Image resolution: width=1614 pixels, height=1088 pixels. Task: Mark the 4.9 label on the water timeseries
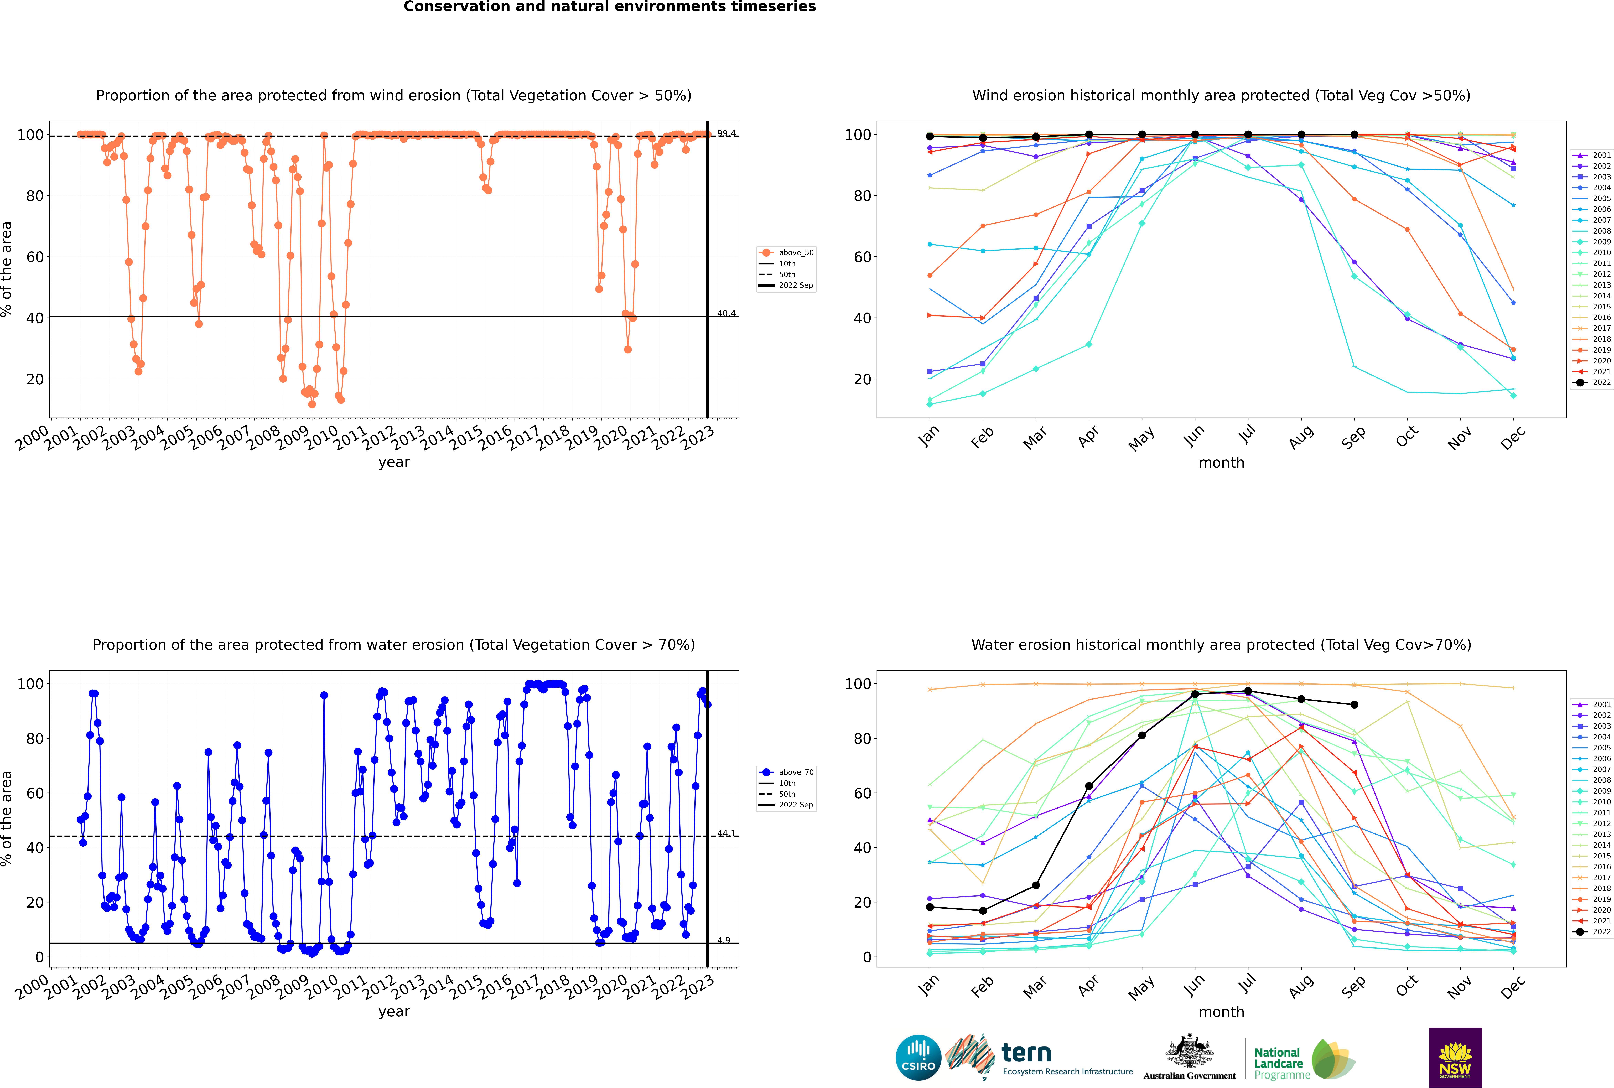pos(724,940)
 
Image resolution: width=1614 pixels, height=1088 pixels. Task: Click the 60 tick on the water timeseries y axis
pos(35,793)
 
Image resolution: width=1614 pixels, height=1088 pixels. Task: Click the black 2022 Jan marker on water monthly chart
pos(930,907)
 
